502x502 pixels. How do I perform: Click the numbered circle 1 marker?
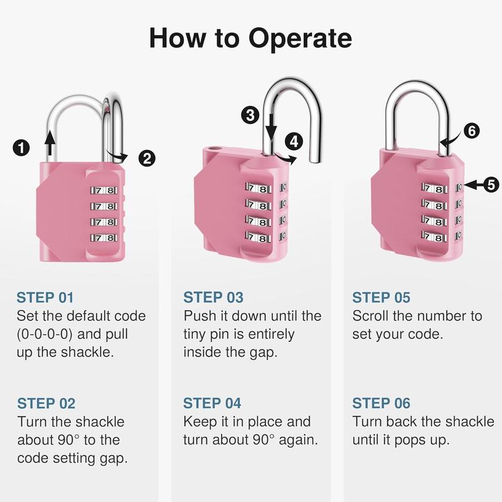tap(21, 148)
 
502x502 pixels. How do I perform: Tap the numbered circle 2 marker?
tap(146, 158)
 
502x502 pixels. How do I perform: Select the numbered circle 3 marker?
tap(250, 114)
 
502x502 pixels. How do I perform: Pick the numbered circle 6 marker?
tap(472, 131)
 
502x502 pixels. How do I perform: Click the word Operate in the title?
tap(300, 38)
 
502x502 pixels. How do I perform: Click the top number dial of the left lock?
tap(103, 190)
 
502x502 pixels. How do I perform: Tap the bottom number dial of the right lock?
tap(435, 237)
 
